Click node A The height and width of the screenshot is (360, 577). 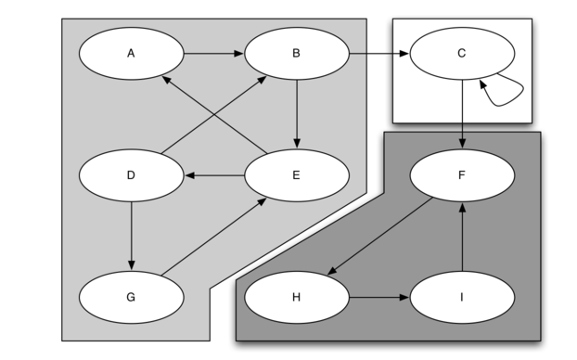(131, 54)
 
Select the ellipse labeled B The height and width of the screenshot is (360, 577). (297, 54)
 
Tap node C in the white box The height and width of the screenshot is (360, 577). (462, 54)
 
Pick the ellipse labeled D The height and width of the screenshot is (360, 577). (131, 175)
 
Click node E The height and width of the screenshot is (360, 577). (297, 175)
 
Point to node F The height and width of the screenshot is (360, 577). (462, 175)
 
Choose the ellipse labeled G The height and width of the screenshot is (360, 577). (131, 297)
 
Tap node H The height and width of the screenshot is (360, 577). (297, 297)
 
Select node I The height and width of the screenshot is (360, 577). (462, 297)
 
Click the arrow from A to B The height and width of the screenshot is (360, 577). (213, 54)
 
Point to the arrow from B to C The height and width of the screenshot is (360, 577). (379, 54)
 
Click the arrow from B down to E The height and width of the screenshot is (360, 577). (297, 114)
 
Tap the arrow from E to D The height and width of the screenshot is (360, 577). (214, 175)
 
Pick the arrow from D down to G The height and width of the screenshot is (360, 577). (132, 236)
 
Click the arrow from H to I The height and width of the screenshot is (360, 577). (379, 298)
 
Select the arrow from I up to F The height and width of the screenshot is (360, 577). (463, 237)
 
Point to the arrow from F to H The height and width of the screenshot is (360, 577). (379, 236)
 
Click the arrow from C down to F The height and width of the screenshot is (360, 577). (463, 114)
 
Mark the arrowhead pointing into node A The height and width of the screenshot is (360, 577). (166, 79)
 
